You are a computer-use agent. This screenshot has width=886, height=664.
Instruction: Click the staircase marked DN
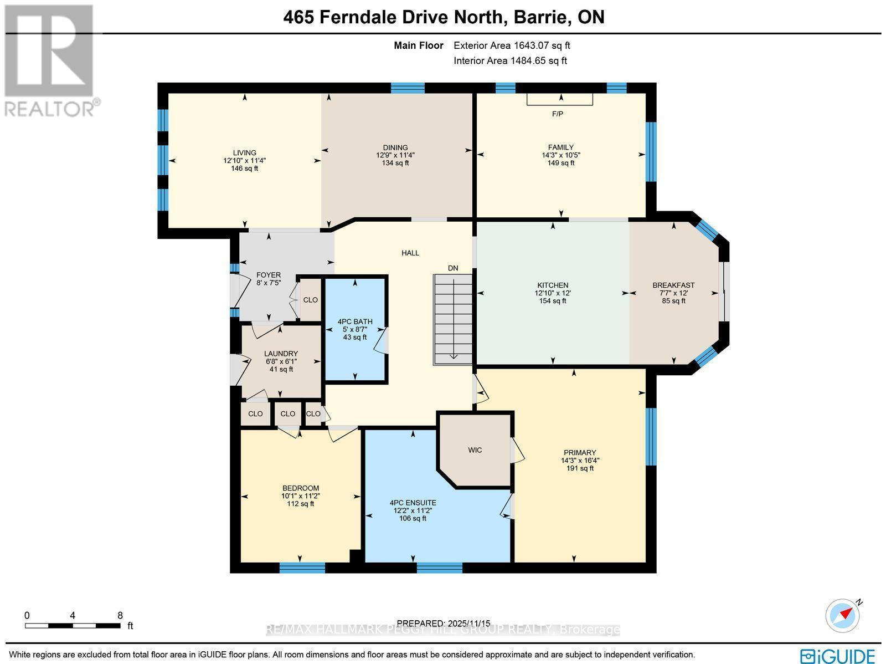click(452, 320)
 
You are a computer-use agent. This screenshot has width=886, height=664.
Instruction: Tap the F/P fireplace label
click(558, 114)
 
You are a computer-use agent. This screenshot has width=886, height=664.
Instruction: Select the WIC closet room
click(475, 450)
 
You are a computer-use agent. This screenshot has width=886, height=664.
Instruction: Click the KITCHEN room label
click(552, 285)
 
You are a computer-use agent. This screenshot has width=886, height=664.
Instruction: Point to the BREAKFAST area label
click(673, 285)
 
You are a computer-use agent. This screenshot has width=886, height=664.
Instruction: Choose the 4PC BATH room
click(355, 321)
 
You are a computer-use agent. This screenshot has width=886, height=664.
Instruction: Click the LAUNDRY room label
click(281, 354)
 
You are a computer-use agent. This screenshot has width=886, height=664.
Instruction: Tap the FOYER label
click(269, 275)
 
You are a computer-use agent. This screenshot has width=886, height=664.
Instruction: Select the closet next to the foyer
click(310, 300)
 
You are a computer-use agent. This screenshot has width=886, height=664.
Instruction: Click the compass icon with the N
click(843, 615)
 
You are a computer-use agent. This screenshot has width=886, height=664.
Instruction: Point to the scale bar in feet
click(73, 626)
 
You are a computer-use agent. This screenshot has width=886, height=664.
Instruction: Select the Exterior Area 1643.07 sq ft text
click(512, 46)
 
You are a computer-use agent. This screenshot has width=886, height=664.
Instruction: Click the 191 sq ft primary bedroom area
click(580, 468)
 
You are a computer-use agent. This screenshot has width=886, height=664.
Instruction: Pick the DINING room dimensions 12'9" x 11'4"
click(395, 156)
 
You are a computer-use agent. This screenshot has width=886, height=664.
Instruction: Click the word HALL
click(410, 253)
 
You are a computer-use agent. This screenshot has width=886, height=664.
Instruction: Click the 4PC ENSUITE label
click(413, 503)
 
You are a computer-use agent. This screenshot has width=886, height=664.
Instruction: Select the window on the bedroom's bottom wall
click(302, 567)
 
